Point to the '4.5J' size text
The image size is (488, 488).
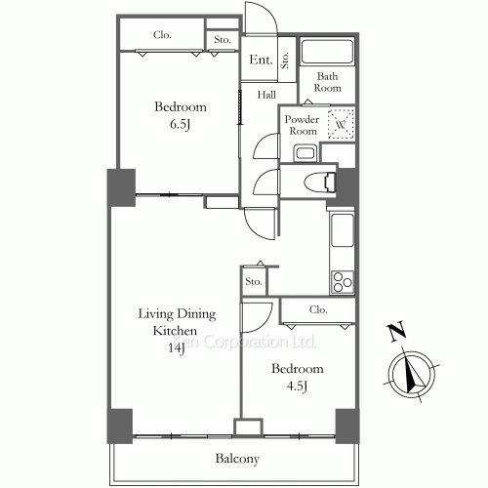pyautogui.click(x=297, y=387)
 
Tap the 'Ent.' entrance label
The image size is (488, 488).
pyautogui.click(x=260, y=61)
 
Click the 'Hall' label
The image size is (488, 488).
pyautogui.click(x=266, y=96)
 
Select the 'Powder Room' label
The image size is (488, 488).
pyautogui.click(x=302, y=125)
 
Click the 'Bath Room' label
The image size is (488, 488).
pyautogui.click(x=326, y=81)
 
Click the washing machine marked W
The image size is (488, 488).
pyautogui.click(x=340, y=125)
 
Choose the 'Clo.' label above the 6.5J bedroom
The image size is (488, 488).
pyautogui.click(x=162, y=36)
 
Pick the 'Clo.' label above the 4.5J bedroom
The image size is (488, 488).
pyautogui.click(x=318, y=310)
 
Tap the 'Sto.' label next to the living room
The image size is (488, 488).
pyautogui.click(x=254, y=283)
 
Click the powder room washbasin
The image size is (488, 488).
pyautogui.click(x=304, y=151)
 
